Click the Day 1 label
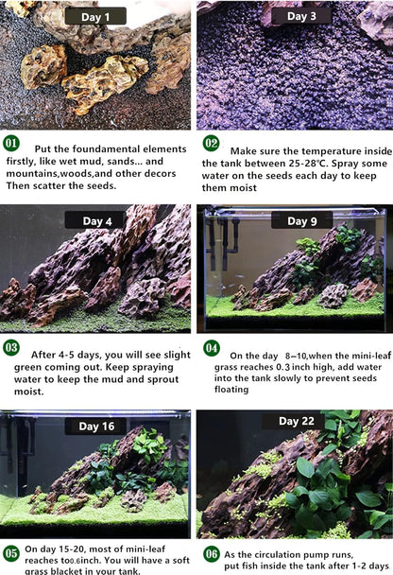click(95, 16)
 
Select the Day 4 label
click(95, 221)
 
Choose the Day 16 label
click(95, 427)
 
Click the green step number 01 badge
click(10, 144)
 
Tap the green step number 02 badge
click(211, 144)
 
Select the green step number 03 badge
click(10, 348)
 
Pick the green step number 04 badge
click(211, 348)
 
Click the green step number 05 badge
click(10, 552)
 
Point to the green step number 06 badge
click(211, 554)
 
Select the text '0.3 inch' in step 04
click(309, 366)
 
